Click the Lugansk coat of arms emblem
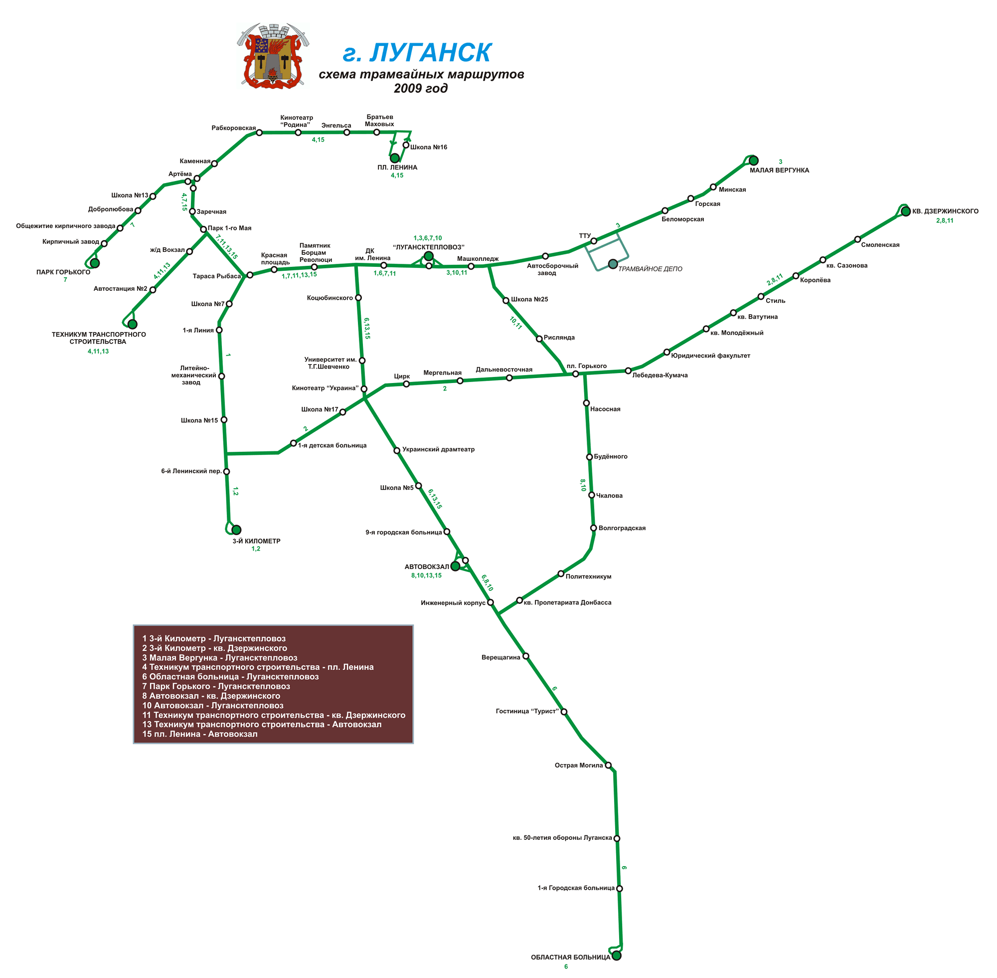(x=273, y=55)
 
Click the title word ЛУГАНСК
(x=430, y=52)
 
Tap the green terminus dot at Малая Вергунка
(x=753, y=161)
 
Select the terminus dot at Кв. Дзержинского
(x=906, y=211)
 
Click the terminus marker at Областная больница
(x=617, y=956)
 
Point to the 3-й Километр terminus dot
(x=236, y=530)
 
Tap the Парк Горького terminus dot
(x=94, y=263)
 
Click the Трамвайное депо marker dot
(x=613, y=264)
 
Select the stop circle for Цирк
(x=406, y=384)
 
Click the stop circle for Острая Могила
(x=608, y=765)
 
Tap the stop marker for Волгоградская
(x=594, y=528)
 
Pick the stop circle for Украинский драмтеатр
(x=396, y=450)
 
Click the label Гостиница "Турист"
(x=527, y=711)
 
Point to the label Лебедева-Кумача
(x=660, y=375)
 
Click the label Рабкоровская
(x=234, y=128)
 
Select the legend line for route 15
(x=200, y=734)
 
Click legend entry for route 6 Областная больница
(x=230, y=676)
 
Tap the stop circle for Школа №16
(x=406, y=145)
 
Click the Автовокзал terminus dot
(x=455, y=566)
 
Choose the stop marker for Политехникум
(x=561, y=573)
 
